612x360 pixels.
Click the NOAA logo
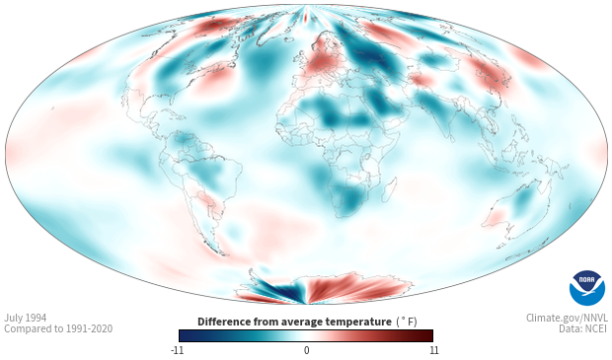coord(587,288)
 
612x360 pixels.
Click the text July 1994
coord(26,318)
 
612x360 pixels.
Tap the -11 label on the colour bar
coord(177,350)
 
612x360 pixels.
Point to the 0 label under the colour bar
coord(306,350)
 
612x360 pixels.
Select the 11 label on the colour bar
coord(433,350)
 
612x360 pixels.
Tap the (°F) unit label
coord(407,322)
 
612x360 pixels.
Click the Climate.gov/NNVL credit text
coord(567,318)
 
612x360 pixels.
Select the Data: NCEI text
coord(583,328)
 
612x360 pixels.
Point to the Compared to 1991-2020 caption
coord(58,328)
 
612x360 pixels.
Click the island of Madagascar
coord(390,188)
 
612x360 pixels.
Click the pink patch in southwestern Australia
coord(496,216)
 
